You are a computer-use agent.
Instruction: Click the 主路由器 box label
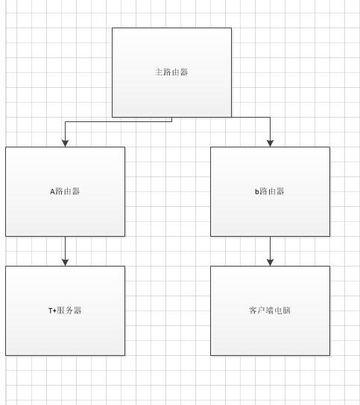pos(171,72)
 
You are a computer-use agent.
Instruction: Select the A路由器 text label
pos(65,191)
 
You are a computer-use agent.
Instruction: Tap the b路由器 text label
pos(270,191)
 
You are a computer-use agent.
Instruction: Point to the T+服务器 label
pos(65,310)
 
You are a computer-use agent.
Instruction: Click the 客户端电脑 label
pos(270,310)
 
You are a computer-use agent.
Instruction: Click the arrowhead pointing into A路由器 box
pos(65,144)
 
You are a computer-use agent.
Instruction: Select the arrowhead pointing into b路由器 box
pos(271,144)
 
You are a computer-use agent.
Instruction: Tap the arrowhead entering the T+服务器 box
pos(65,262)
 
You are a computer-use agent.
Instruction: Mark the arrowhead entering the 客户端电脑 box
pos(271,262)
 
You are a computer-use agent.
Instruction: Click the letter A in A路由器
pos(52,191)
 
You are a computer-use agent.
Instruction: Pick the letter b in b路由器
pos(257,191)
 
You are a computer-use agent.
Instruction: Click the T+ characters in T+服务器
pos(52,310)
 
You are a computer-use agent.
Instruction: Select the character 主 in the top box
pos(159,72)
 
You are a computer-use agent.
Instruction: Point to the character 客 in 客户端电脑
pos(253,310)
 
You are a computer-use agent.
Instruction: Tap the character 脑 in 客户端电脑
pos(287,310)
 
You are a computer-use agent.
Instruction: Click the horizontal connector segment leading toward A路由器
pos(119,121)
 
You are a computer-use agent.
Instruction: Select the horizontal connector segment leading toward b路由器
pos(251,118)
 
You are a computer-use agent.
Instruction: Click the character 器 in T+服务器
pos(78,310)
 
